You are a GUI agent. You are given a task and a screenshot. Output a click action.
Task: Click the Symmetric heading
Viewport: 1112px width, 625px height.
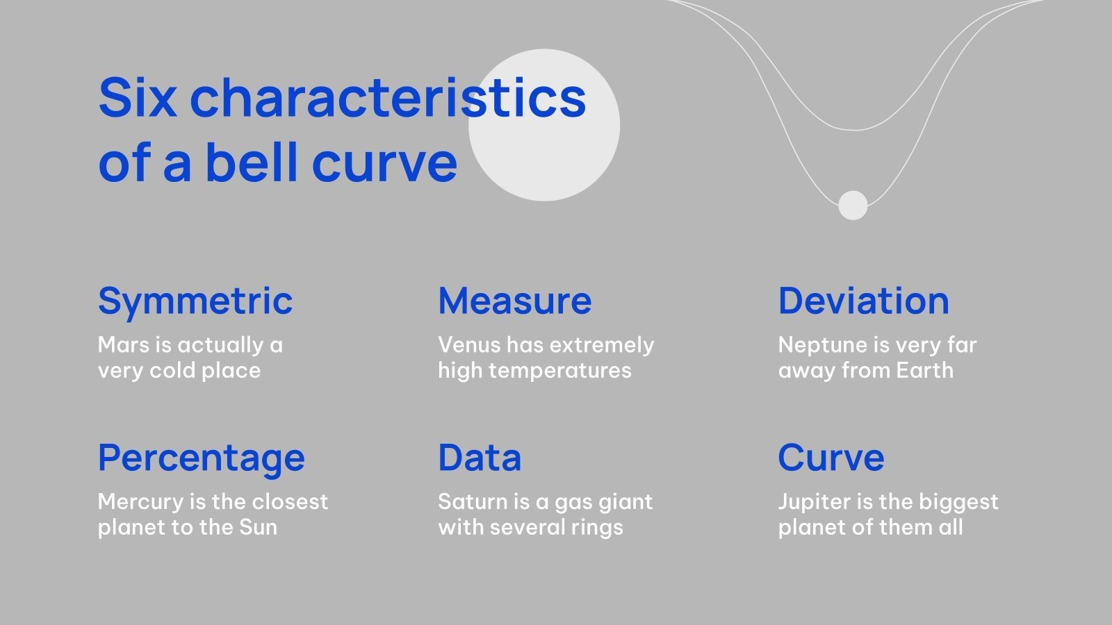pos(195,301)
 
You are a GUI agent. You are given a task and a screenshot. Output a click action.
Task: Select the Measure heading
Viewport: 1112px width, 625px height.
pos(515,301)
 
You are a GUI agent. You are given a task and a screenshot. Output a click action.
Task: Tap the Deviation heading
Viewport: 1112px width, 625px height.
pos(863,301)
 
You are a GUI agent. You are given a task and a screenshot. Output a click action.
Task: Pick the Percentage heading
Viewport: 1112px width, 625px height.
pos(202,458)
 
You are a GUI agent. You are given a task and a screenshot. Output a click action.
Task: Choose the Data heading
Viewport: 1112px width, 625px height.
pos(480,458)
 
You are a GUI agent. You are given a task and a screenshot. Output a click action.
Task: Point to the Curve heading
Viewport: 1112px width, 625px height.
pos(831,458)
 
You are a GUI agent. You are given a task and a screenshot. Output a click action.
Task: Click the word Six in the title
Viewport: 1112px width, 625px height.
pos(138,97)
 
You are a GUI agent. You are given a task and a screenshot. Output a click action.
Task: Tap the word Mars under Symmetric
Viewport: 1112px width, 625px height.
pos(122,345)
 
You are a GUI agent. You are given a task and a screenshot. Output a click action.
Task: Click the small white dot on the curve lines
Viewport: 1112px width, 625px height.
pos(853,205)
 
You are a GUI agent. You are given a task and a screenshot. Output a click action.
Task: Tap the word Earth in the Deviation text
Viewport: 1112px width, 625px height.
pos(924,371)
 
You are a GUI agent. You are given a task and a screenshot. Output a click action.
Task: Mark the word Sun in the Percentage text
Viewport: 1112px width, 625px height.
pos(258,528)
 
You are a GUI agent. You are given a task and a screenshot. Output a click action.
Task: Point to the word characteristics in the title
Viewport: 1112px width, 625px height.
pos(388,97)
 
